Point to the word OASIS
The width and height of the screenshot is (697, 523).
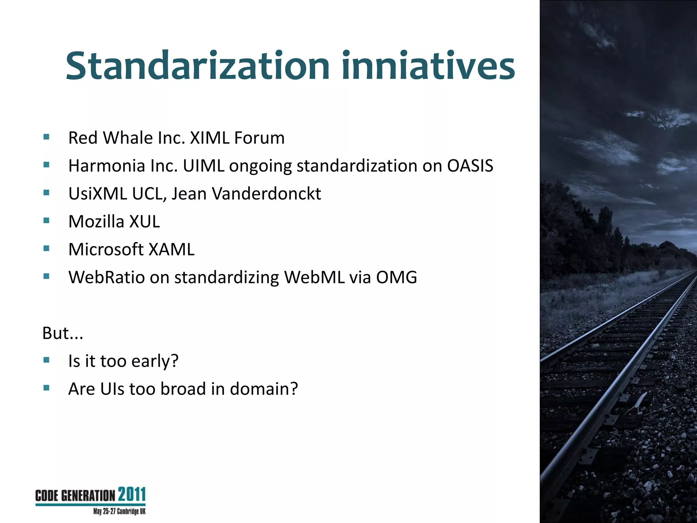pos(470,166)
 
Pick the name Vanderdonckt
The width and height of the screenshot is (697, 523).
pos(266,194)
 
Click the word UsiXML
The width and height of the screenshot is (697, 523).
pos(98,194)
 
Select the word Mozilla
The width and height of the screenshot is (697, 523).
pos(96,222)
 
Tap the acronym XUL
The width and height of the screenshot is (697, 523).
pos(145,222)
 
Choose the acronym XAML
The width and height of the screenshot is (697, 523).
pos(172,250)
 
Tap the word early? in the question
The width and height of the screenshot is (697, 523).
pos(155,361)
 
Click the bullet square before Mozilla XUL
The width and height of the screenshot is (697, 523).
pos(47,220)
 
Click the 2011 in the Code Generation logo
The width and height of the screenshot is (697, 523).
pos(132,494)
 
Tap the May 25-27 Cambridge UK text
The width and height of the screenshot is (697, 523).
pos(119,511)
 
